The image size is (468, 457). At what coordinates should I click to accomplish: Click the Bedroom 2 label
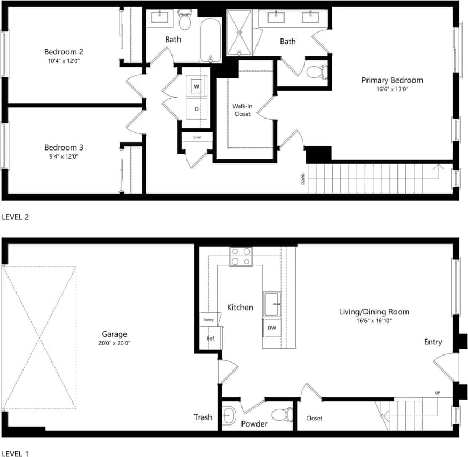pyautogui.click(x=64, y=52)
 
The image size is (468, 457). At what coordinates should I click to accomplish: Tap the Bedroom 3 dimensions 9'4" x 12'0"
pyautogui.click(x=64, y=156)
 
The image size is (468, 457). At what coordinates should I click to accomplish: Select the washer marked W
pyautogui.click(x=197, y=86)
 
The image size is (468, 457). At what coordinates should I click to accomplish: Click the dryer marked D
pyautogui.click(x=197, y=109)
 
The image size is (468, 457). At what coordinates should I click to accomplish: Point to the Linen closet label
pyautogui.click(x=197, y=137)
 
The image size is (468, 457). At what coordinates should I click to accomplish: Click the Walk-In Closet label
pyautogui.click(x=241, y=109)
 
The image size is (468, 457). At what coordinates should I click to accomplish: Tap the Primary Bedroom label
pyautogui.click(x=392, y=80)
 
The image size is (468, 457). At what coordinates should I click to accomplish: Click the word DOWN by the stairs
pyautogui.click(x=303, y=179)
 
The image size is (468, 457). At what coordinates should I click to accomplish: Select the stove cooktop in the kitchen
pyautogui.click(x=240, y=256)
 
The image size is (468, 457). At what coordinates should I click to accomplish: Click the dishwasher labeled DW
pyautogui.click(x=271, y=328)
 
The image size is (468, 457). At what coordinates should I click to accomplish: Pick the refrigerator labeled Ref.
pyautogui.click(x=210, y=338)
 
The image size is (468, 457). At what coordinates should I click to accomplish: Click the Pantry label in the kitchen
pyautogui.click(x=208, y=320)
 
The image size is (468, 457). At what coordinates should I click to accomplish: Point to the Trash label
pyautogui.click(x=203, y=417)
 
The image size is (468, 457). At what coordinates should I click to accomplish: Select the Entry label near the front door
pyautogui.click(x=433, y=342)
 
